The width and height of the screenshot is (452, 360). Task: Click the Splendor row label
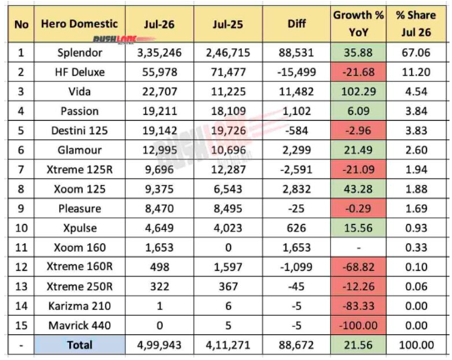click(x=79, y=52)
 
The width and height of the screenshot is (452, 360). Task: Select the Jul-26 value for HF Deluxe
click(x=159, y=72)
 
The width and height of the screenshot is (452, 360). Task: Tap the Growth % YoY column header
click(x=359, y=23)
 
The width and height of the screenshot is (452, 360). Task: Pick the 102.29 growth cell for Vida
click(x=359, y=92)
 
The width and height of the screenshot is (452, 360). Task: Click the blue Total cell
click(x=79, y=345)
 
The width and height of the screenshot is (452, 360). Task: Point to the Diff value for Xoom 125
click(x=296, y=189)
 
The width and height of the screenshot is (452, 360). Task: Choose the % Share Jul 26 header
click(x=416, y=23)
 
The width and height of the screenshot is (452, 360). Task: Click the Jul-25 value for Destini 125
click(x=228, y=131)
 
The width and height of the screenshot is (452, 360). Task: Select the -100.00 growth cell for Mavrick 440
click(x=359, y=326)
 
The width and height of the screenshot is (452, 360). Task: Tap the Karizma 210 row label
click(x=79, y=306)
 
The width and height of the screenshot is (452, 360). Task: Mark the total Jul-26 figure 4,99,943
click(x=159, y=345)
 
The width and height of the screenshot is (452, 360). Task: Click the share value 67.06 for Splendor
click(x=416, y=52)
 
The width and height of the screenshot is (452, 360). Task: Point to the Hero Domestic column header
click(x=79, y=23)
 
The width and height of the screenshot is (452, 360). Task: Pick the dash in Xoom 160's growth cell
click(x=359, y=247)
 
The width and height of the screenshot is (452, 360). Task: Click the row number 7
click(x=21, y=170)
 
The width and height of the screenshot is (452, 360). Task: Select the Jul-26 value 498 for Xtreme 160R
click(x=159, y=267)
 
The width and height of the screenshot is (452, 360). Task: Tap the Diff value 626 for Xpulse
click(x=296, y=228)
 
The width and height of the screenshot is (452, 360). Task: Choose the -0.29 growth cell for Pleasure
click(x=359, y=208)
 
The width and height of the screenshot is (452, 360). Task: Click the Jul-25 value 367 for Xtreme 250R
click(x=228, y=287)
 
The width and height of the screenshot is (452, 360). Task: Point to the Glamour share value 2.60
click(x=416, y=150)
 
